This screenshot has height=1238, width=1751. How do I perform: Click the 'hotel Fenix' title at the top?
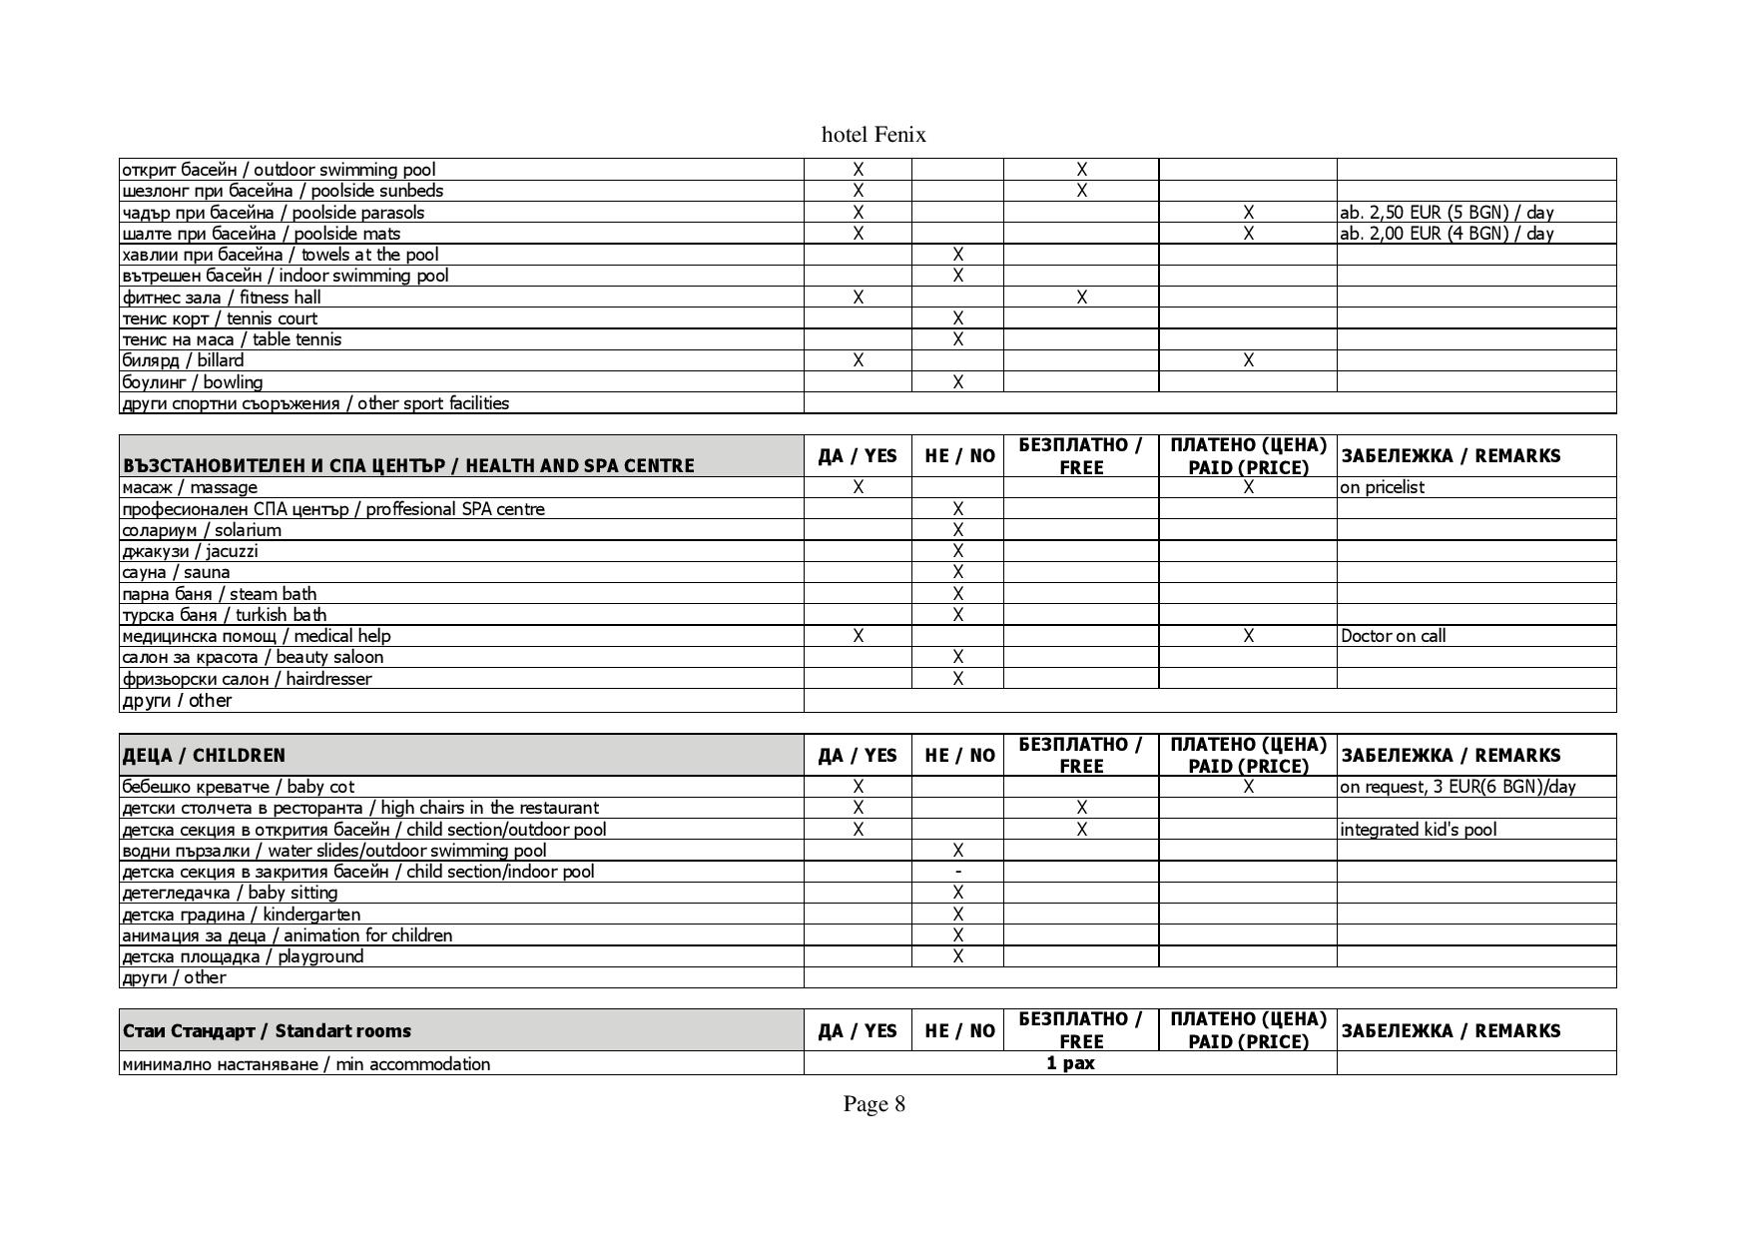pyautogui.click(x=874, y=135)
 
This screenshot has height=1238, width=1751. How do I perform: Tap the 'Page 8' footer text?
pyautogui.click(x=874, y=1103)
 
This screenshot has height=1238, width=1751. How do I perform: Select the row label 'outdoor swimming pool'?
pyautogui.click(x=279, y=170)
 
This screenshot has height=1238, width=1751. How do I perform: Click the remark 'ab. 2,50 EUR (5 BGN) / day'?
pyautogui.click(x=1447, y=213)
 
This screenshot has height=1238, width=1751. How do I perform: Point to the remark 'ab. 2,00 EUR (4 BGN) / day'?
pyautogui.click(x=1447, y=234)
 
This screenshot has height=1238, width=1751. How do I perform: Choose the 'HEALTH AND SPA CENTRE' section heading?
pyautogui.click(x=408, y=465)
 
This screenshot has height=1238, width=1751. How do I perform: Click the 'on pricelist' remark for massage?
pyautogui.click(x=1383, y=487)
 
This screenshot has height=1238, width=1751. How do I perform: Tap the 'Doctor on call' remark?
pyautogui.click(x=1393, y=636)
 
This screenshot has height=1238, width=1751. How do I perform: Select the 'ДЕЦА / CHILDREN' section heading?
pyautogui.click(x=204, y=755)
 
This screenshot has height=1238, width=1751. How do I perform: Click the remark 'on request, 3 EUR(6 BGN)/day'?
pyautogui.click(x=1458, y=787)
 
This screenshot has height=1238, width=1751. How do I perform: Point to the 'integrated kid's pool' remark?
pyautogui.click(x=1418, y=830)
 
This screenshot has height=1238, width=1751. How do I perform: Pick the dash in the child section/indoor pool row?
pyautogui.click(x=957, y=872)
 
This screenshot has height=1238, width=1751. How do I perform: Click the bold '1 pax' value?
pyautogui.click(x=1070, y=1063)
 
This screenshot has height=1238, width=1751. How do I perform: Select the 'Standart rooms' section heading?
pyautogui.click(x=267, y=1030)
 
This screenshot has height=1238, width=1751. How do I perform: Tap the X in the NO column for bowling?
pyautogui.click(x=957, y=382)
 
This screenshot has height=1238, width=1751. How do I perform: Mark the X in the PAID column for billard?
pyautogui.click(x=1248, y=360)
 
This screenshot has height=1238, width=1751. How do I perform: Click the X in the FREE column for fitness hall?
pyautogui.click(x=1081, y=298)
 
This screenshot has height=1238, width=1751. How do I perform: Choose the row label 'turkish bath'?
pyautogui.click(x=224, y=615)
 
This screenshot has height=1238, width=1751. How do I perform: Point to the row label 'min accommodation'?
pyautogui.click(x=305, y=1064)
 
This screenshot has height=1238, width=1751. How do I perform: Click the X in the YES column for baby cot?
pyautogui.click(x=858, y=787)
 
